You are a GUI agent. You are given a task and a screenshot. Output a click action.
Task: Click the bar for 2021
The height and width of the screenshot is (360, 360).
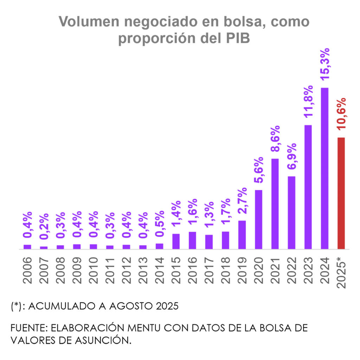(275, 204)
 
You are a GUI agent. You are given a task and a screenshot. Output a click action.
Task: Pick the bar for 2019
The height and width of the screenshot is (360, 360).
(242, 234)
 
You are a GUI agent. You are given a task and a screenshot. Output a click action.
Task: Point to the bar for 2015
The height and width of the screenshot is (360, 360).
(176, 241)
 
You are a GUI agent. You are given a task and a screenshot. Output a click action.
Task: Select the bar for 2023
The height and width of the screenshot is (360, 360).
(308, 187)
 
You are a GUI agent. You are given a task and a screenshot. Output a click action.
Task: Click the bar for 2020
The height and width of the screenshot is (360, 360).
(259, 219)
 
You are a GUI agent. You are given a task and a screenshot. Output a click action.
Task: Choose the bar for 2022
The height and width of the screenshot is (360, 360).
(291, 212)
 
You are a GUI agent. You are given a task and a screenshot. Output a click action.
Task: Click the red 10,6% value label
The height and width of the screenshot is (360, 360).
(341, 114)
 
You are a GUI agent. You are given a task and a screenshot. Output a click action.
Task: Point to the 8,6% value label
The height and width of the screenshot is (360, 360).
(275, 139)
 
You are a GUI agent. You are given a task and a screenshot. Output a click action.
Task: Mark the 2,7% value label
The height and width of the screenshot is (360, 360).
(242, 201)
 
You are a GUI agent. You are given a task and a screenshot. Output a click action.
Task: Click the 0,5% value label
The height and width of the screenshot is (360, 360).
(160, 224)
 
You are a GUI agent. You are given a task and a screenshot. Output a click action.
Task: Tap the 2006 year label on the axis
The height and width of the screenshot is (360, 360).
(27, 270)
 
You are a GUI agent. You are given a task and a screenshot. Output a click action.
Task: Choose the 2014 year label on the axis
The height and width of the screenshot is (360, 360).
(160, 270)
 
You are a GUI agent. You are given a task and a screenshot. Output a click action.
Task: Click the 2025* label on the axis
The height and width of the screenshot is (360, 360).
(341, 272)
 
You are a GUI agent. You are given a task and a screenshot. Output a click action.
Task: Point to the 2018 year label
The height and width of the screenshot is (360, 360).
(225, 270)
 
